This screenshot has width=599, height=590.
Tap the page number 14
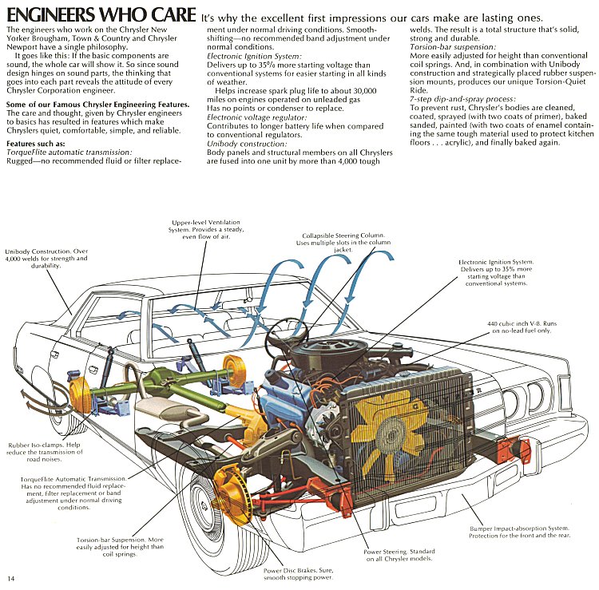click(11, 577)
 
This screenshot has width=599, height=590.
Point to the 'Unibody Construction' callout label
click(45, 258)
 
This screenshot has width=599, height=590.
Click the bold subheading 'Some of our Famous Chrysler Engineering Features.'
click(97, 105)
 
